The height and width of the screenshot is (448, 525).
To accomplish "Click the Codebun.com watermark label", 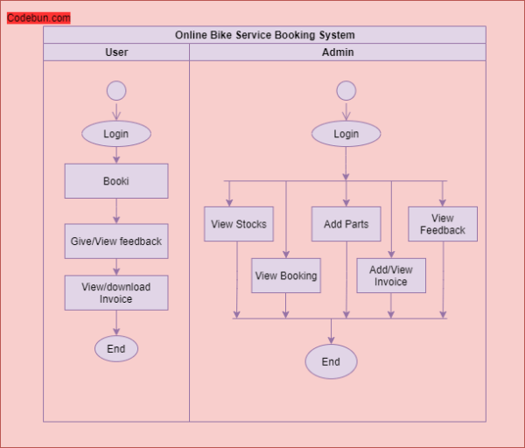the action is click(38, 17).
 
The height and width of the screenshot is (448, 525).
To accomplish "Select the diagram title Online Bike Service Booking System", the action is click(264, 35).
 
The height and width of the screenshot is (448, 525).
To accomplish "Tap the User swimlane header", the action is click(116, 52).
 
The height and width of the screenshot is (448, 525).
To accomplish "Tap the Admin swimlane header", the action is click(338, 52).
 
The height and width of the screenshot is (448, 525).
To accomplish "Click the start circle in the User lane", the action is click(116, 90).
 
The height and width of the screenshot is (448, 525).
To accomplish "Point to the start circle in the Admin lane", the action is click(346, 90).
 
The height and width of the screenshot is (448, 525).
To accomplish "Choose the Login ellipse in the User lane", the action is click(116, 134).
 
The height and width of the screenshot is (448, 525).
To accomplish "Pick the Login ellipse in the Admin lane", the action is click(346, 134).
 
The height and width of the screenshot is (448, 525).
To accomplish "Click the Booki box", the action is click(116, 181).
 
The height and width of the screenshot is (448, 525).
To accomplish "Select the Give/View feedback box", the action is click(116, 241).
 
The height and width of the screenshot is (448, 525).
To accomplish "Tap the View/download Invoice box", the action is click(116, 292).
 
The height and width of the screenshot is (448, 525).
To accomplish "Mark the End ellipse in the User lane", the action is click(116, 348).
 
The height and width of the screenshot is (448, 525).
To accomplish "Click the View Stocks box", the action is click(239, 224).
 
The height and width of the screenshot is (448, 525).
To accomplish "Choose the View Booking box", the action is click(286, 276).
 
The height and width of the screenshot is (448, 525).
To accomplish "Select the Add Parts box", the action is click(346, 224).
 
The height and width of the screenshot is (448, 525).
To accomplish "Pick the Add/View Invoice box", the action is click(391, 276).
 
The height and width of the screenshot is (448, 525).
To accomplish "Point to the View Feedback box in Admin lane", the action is click(443, 224).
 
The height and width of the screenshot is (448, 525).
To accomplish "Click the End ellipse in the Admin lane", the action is click(331, 361).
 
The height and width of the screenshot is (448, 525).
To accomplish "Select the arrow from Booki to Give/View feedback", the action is click(116, 211).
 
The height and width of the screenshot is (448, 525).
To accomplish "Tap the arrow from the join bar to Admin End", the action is click(331, 332).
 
